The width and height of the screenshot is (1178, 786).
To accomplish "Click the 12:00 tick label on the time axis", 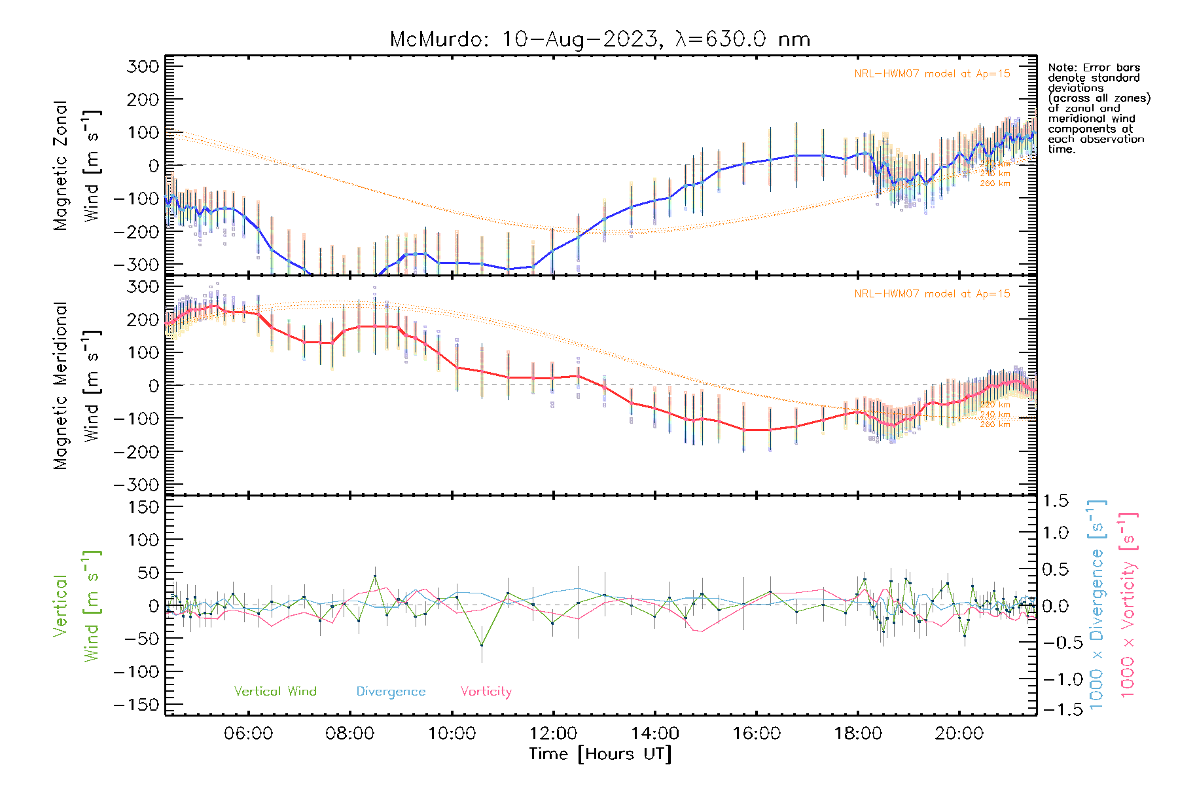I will coord(554,734).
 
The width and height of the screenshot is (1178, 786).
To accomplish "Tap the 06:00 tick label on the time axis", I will coord(248,734).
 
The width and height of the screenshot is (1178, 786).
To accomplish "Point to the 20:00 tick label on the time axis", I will coord(959,734).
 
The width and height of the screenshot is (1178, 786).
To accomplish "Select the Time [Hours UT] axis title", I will coord(600,755).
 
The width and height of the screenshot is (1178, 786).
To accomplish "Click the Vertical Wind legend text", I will coord(275,692).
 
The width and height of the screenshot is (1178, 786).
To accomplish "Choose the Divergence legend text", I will coord(391,692).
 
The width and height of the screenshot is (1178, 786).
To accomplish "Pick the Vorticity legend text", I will coord(486,692).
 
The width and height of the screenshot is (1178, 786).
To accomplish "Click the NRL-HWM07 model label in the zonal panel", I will coord(932,74).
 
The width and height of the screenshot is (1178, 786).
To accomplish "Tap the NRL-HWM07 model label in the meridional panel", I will coord(932,294).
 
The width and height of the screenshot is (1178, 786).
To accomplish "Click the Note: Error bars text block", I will coord(1098,108).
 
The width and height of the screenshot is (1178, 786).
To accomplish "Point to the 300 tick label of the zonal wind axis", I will coord(143,66).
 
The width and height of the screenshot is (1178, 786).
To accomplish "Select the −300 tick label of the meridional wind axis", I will coord(136,485).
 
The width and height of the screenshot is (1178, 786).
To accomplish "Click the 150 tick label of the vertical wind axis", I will coord(143,507).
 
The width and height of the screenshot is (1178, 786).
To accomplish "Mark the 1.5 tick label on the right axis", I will coord(1056,501).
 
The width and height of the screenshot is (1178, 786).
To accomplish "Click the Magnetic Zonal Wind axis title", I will coord(77,166).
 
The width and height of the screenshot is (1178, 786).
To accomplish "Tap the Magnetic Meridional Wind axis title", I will coord(77,386).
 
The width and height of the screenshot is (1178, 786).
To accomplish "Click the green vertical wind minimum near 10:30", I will coord(482,645).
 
